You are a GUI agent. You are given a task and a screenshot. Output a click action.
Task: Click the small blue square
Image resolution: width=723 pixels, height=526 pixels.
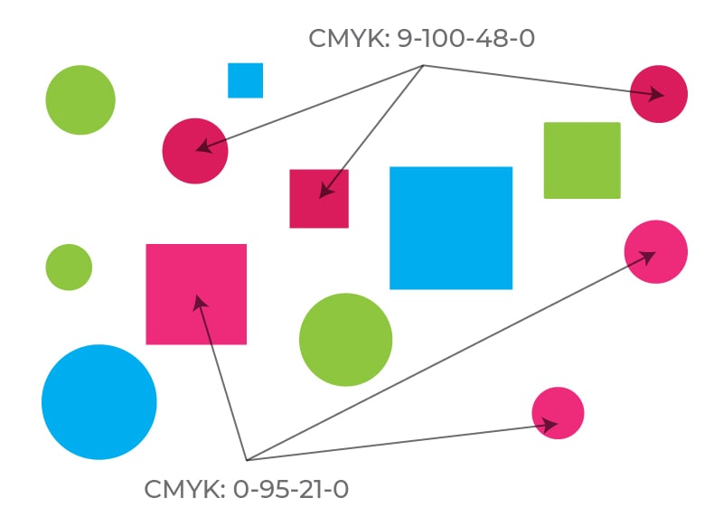pyautogui.click(x=245, y=80)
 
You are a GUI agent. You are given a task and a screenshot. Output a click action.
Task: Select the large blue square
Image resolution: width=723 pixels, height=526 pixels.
pyautogui.click(x=451, y=228)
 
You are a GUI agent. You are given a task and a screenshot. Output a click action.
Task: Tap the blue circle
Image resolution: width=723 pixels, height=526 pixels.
pyautogui.click(x=99, y=402)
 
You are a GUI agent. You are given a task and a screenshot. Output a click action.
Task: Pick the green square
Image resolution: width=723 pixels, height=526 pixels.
pyautogui.click(x=582, y=160)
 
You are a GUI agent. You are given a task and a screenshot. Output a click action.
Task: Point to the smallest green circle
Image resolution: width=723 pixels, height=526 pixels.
pyautogui.click(x=69, y=268)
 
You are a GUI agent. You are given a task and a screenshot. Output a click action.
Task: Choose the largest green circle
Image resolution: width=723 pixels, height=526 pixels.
pyautogui.click(x=345, y=340)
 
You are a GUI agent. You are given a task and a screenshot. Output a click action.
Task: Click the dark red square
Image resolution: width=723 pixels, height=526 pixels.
pyautogui.click(x=319, y=199)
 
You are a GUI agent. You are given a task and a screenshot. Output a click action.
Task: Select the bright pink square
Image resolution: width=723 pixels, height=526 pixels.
pyautogui.click(x=196, y=294)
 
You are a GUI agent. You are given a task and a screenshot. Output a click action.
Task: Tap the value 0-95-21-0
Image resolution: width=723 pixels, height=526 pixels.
pyautogui.click(x=291, y=490)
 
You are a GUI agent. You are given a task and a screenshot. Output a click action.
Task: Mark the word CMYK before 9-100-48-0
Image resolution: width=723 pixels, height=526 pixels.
pyautogui.click(x=348, y=39)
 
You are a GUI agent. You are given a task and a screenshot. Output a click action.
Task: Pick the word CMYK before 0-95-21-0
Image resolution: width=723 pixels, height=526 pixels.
pyautogui.click(x=183, y=490)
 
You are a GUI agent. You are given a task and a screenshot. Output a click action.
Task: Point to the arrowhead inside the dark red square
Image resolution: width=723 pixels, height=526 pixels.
pyautogui.click(x=324, y=192)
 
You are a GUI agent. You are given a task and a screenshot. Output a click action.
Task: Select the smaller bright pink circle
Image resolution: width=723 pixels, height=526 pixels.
pyautogui.click(x=558, y=413)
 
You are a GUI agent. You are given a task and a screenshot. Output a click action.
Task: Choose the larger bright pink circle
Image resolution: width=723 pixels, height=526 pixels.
pyautogui.click(x=656, y=251)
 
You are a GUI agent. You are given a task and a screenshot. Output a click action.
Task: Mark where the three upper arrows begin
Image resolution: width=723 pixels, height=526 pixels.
pyautogui.click(x=424, y=66)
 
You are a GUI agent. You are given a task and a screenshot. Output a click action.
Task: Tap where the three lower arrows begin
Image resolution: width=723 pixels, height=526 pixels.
pyautogui.click(x=246, y=460)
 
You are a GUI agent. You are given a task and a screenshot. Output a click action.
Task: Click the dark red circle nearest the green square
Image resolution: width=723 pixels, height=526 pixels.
pyautogui.click(x=659, y=94)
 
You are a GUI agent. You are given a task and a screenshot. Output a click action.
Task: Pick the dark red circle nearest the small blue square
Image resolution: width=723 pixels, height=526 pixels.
pyautogui.click(x=195, y=151)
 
